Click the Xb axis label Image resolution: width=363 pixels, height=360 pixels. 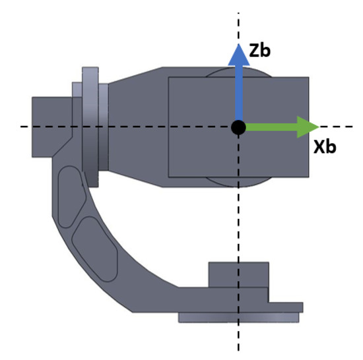pyautogui.click(x=325, y=146)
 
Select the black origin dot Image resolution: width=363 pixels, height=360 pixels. pyautogui.click(x=238, y=127)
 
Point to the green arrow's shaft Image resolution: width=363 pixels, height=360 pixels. pyautogui.click(x=271, y=127)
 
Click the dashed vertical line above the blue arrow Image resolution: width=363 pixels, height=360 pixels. pyautogui.click(x=238, y=23)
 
